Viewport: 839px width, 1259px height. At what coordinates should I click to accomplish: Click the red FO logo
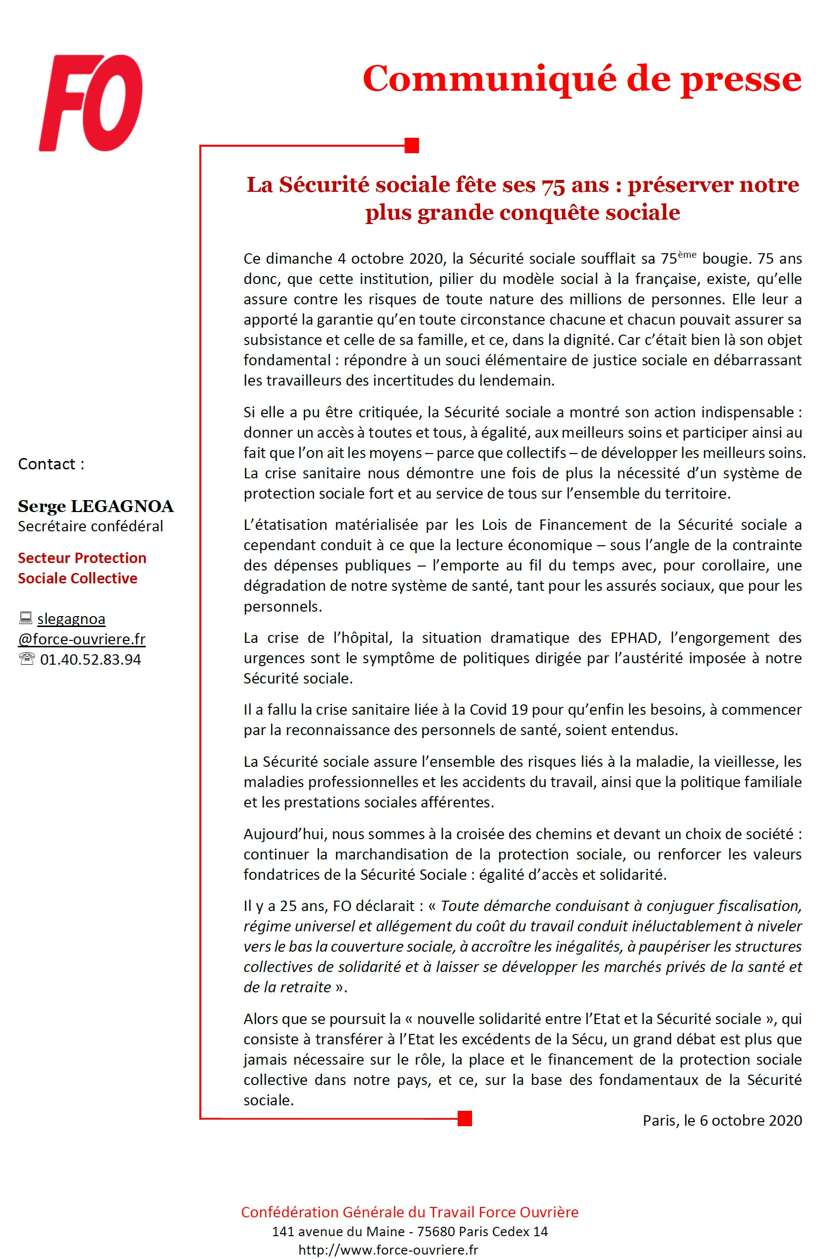pos(91,103)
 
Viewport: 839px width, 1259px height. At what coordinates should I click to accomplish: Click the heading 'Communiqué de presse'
pos(582,79)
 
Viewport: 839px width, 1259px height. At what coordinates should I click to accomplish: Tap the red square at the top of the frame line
pos(412,145)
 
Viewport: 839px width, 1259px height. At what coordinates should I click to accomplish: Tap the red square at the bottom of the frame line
pos(465,1118)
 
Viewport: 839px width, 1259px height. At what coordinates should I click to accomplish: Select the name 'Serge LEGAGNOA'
pos(96,506)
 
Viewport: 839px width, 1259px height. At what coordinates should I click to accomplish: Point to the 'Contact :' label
pos(52,464)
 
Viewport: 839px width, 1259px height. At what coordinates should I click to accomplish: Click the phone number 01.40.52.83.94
pos(90,659)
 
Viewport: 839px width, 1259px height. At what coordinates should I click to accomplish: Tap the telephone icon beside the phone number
pos(26,659)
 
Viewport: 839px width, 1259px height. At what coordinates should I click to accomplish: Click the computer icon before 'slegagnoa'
pos(25,618)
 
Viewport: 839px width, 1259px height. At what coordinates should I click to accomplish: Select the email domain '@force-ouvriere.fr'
pos(82,639)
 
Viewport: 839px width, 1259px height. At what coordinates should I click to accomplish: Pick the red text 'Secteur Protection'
pos(82,558)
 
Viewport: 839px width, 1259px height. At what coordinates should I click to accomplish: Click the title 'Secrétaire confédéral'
pos(90,526)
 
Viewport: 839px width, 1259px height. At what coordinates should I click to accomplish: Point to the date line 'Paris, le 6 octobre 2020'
pos(722,1121)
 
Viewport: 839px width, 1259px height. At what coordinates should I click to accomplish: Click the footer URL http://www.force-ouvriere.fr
pos(388,1250)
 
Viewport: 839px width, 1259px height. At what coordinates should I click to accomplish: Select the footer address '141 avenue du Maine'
pos(337,1231)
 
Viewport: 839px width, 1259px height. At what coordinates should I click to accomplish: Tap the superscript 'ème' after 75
pos(687,255)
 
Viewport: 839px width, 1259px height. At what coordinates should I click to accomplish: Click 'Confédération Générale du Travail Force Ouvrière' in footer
pos(409,1212)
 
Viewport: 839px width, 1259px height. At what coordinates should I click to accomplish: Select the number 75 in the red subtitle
pos(553,185)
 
